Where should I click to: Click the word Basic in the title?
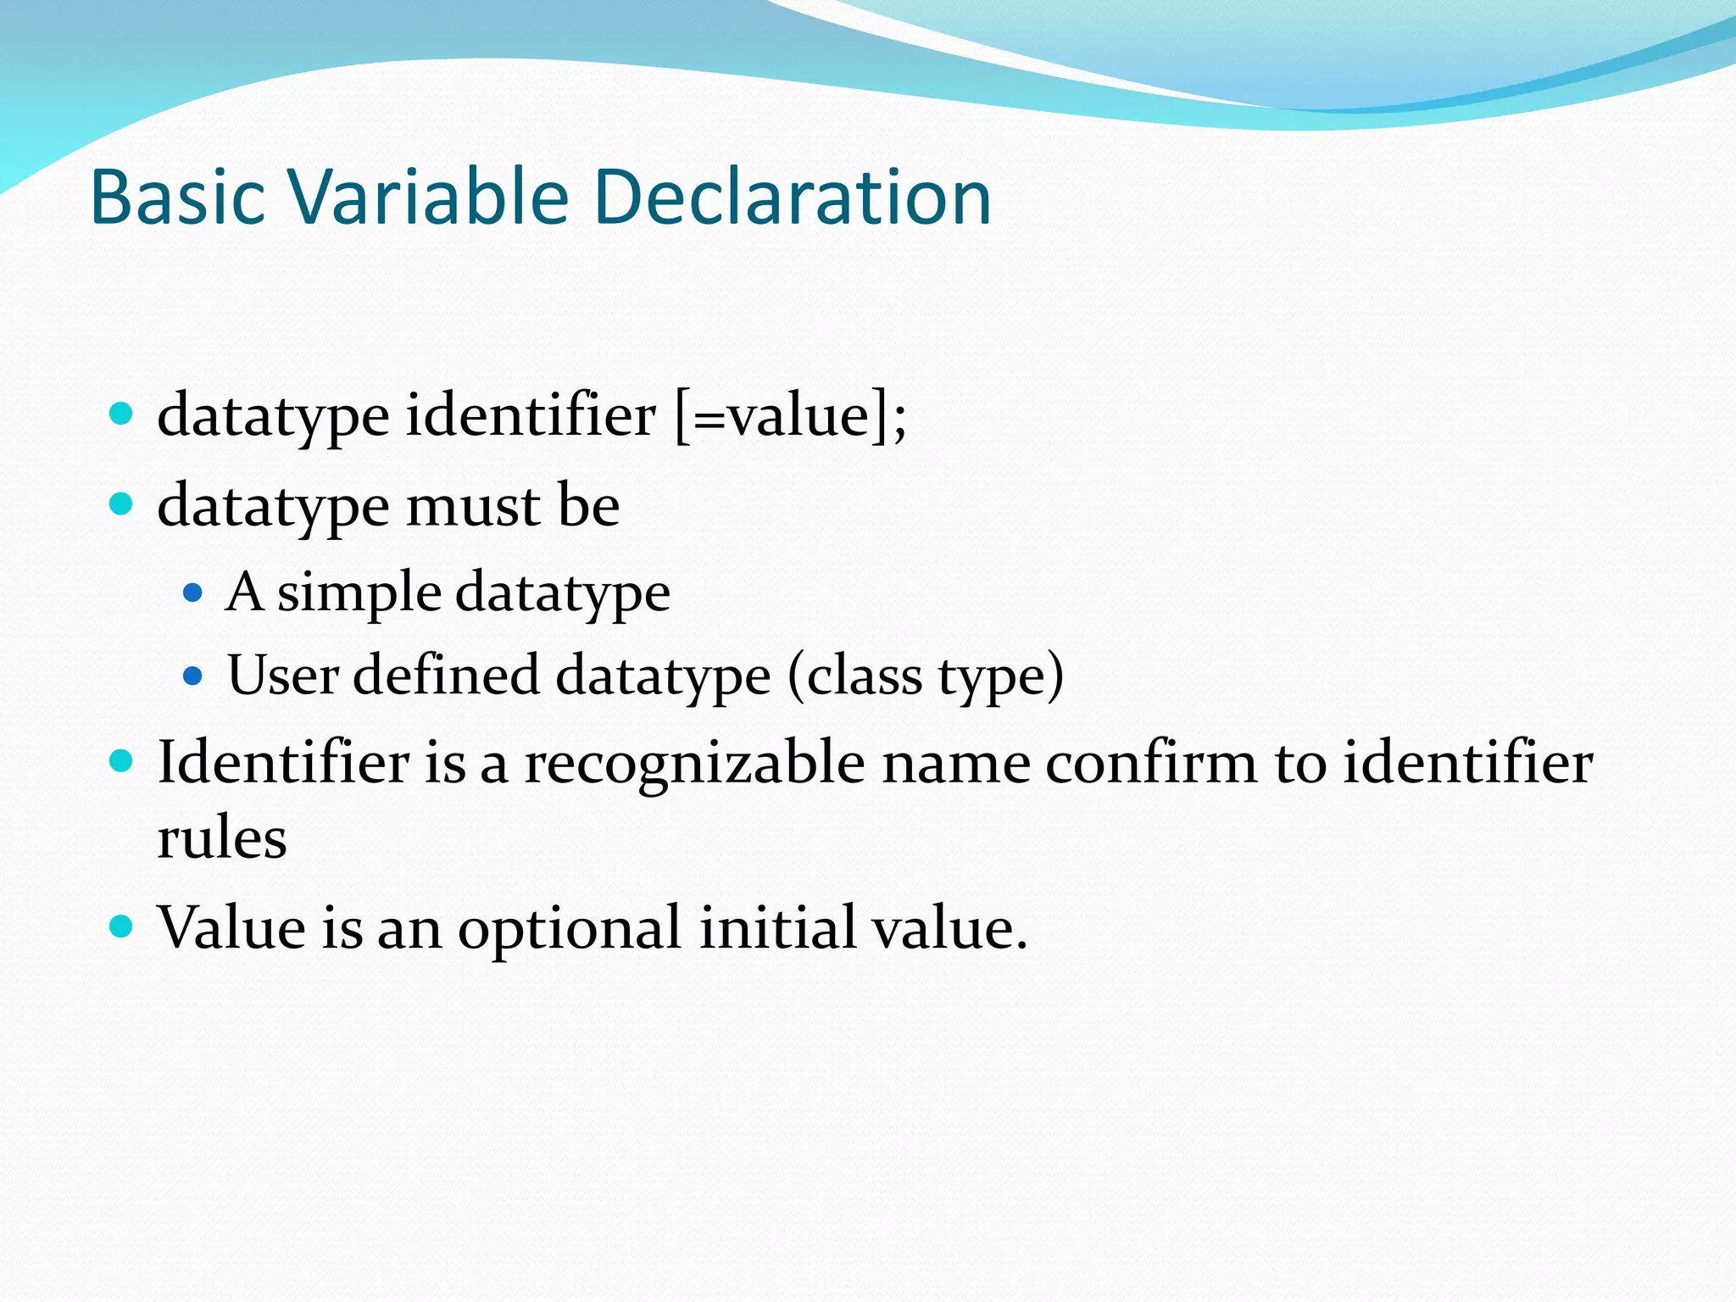click(177, 197)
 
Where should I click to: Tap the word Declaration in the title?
click(792, 197)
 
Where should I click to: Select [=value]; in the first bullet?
click(790, 417)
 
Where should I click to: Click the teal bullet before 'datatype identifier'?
click(122, 415)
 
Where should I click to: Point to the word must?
click(473, 506)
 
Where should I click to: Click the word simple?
click(359, 593)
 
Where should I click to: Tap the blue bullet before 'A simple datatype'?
click(193, 592)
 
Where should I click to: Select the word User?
click(283, 676)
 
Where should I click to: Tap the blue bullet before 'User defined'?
click(193, 676)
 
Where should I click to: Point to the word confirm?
click(1151, 762)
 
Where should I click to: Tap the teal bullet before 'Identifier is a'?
click(122, 760)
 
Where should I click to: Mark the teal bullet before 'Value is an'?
click(122, 925)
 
